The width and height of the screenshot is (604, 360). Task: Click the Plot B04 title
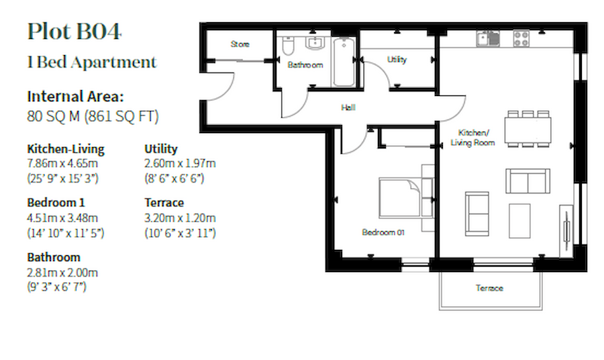(x=74, y=32)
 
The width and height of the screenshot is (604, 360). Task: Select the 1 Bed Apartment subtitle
(x=92, y=63)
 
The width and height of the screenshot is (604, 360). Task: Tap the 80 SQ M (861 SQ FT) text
(x=93, y=116)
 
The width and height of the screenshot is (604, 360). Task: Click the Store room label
(x=240, y=44)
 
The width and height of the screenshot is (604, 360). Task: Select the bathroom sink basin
(x=314, y=44)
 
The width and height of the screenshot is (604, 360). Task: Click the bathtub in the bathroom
(x=344, y=62)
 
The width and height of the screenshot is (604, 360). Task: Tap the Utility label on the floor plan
(x=397, y=60)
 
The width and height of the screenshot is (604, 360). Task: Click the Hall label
(x=348, y=107)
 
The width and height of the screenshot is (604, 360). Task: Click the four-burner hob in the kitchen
(x=521, y=38)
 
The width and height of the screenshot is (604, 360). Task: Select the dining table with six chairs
(x=528, y=128)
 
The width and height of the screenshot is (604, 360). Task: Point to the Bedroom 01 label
(x=383, y=232)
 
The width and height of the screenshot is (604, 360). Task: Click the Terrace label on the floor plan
(x=489, y=288)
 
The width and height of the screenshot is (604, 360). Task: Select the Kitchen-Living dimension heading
(x=66, y=149)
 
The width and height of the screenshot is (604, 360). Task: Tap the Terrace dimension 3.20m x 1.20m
(x=180, y=218)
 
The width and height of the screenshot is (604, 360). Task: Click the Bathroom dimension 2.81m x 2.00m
(x=62, y=273)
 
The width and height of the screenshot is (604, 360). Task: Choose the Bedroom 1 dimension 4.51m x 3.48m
(x=62, y=218)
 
